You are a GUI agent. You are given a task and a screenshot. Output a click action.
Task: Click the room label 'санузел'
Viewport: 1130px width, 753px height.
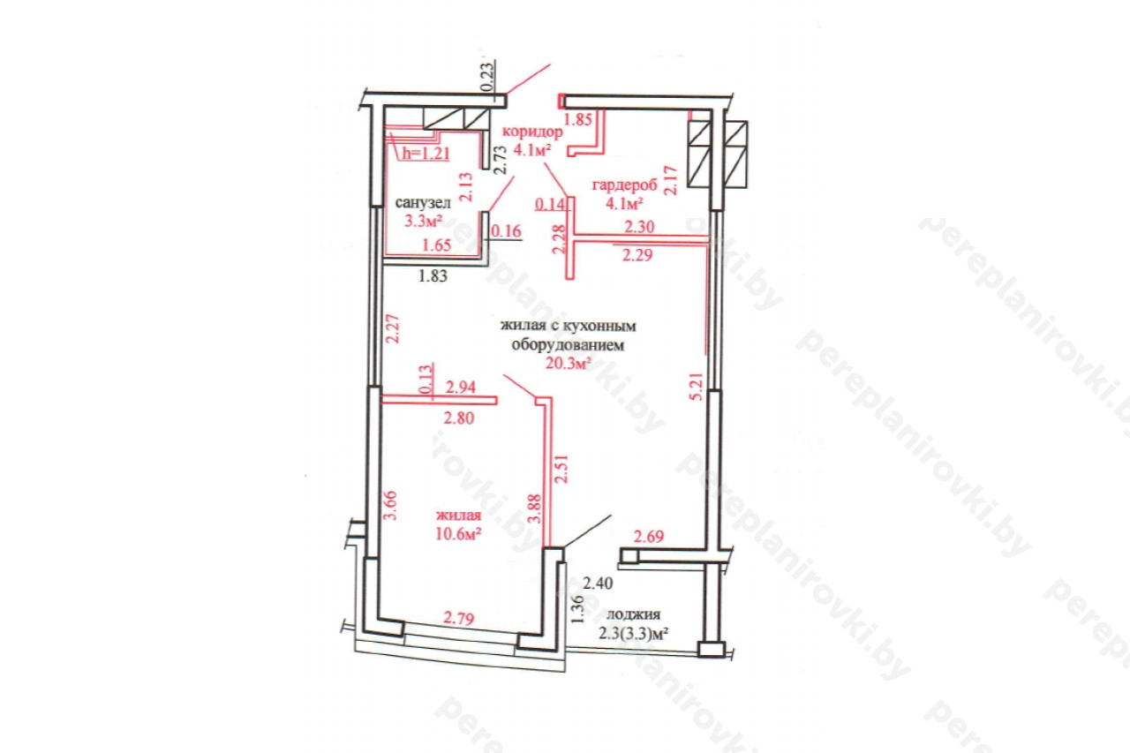[x=423, y=203]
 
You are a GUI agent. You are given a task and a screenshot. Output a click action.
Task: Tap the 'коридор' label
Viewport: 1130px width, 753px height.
[x=532, y=132]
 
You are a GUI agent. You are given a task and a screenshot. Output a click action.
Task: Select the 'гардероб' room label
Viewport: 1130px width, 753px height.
[x=624, y=185]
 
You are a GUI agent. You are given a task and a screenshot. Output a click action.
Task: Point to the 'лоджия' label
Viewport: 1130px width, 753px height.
[x=633, y=614]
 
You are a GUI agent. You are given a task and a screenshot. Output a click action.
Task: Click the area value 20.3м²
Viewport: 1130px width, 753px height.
[x=568, y=363]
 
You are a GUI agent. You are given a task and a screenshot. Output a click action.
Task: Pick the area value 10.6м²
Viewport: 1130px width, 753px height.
[x=458, y=533]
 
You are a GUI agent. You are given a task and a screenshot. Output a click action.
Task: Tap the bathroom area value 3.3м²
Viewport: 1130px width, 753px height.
[x=423, y=221]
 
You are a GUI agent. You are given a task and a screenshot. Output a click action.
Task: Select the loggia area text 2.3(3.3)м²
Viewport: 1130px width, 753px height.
[x=634, y=633]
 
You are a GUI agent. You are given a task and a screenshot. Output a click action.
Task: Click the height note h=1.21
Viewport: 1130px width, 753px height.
[x=426, y=153]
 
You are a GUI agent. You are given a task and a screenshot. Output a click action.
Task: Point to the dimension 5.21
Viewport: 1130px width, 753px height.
[x=696, y=387]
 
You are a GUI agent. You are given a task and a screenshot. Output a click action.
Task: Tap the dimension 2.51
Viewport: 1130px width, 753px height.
[x=561, y=469]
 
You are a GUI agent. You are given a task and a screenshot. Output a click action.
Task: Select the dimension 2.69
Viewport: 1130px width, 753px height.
[x=649, y=536]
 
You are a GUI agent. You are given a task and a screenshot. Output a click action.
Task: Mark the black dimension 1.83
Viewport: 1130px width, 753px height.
[x=433, y=276]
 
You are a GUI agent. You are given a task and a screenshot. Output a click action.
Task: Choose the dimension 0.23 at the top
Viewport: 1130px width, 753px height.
[x=488, y=76]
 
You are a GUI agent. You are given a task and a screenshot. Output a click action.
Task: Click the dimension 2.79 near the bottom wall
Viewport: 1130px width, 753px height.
[x=458, y=617]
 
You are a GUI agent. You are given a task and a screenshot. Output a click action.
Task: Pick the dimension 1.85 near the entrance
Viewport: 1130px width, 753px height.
[x=577, y=119]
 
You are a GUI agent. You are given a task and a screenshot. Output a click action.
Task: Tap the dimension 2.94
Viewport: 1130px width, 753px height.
[x=461, y=387]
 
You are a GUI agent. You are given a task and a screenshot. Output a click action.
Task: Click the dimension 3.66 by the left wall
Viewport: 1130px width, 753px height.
[x=390, y=505]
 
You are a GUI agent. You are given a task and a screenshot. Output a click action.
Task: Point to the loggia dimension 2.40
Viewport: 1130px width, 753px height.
[x=598, y=583]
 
